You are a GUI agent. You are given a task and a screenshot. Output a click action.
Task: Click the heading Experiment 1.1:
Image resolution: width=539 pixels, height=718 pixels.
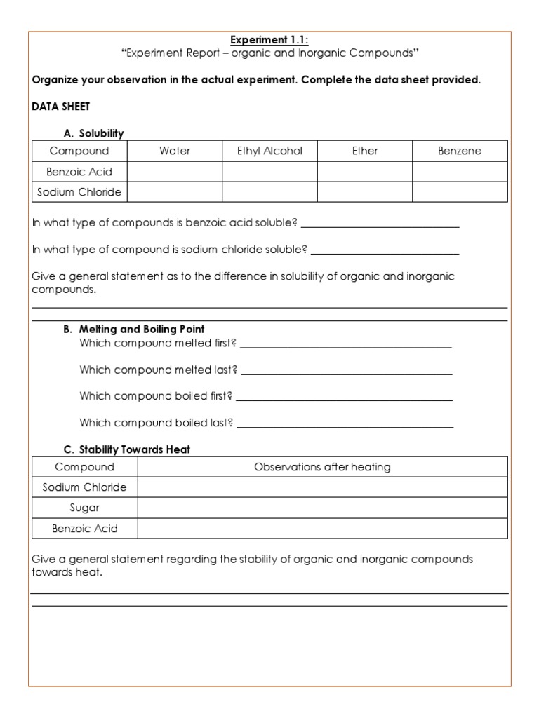pyautogui.click(x=269, y=40)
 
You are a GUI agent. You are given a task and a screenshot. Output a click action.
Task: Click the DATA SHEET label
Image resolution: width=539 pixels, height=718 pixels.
pyautogui.click(x=61, y=106)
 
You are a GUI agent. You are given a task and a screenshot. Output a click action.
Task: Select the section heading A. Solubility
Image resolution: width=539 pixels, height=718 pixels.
pyautogui.click(x=93, y=133)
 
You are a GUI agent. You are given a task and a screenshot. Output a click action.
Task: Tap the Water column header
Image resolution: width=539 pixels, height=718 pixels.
pyautogui.click(x=175, y=151)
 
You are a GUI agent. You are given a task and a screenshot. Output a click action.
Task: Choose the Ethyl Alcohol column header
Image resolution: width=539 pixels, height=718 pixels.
pyautogui.click(x=269, y=151)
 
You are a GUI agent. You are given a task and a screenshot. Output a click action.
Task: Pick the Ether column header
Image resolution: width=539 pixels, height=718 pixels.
pyautogui.click(x=365, y=151)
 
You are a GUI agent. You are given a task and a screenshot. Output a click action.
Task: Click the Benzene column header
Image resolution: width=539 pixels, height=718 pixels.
pyautogui.click(x=460, y=151)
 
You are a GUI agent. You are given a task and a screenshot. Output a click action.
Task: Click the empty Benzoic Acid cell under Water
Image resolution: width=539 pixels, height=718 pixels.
pyautogui.click(x=175, y=172)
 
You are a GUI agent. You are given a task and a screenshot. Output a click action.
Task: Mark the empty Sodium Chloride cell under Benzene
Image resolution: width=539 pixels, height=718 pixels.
pyautogui.click(x=460, y=192)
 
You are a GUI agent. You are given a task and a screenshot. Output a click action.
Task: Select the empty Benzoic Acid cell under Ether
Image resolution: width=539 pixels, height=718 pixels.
pyautogui.click(x=365, y=172)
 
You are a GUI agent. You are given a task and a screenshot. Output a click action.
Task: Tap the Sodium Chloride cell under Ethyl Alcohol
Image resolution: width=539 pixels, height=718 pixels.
pyautogui.click(x=269, y=192)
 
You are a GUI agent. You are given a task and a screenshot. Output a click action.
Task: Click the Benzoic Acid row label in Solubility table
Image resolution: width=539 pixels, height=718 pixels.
pyautogui.click(x=79, y=172)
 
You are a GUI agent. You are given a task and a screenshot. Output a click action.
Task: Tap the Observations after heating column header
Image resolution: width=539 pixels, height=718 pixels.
pyautogui.click(x=322, y=467)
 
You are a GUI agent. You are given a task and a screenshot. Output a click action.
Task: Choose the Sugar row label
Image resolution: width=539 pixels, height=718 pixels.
pyautogui.click(x=84, y=508)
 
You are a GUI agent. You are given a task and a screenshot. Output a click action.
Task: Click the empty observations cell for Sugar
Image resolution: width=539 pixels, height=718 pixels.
pyautogui.click(x=322, y=508)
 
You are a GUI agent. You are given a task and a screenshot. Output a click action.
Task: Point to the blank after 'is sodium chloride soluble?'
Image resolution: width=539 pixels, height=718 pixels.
pyautogui.click(x=385, y=250)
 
